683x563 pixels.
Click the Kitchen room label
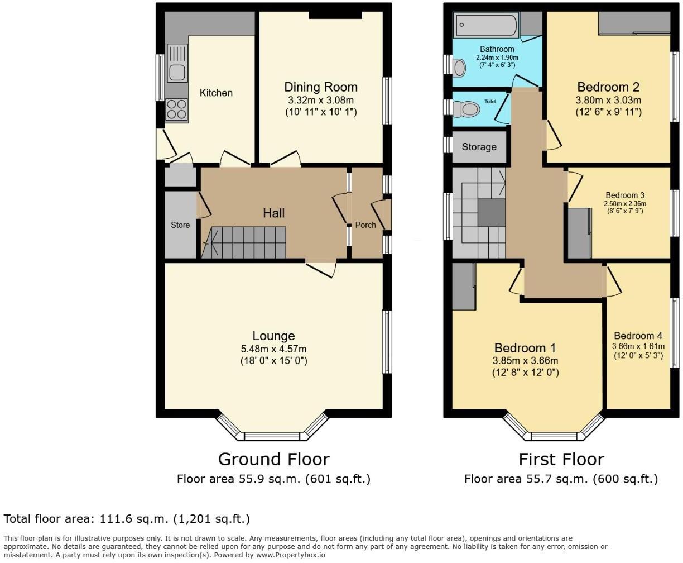[216, 93]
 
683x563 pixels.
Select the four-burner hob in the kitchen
[177, 109]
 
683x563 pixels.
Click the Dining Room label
[320, 87]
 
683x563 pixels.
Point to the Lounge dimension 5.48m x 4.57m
[273, 349]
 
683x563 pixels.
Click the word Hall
[273, 213]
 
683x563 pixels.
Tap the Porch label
[365, 225]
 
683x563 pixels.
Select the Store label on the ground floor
[180, 225]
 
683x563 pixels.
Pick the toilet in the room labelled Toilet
[466, 109]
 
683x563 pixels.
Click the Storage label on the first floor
[479, 147]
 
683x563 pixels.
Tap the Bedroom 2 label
[608, 87]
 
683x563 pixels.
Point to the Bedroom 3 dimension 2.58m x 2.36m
[625, 203]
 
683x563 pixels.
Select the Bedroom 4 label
[638, 336]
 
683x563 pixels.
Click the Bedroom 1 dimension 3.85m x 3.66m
[525, 361]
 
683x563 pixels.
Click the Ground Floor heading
[273, 459]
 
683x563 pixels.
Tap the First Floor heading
[561, 459]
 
